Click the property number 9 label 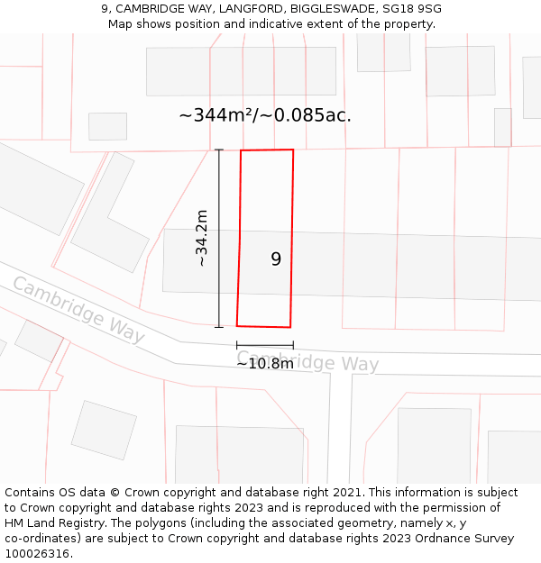[276, 259]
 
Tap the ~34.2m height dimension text [202, 238]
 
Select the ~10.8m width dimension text [265, 364]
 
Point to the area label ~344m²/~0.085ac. [265, 115]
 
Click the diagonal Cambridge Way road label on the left [78, 310]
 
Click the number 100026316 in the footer [37, 554]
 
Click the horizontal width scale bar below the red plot [265, 345]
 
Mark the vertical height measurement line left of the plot [219, 238]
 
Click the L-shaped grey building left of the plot [111, 216]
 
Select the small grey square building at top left [107, 126]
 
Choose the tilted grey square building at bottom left [104, 430]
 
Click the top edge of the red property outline [267, 150]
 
